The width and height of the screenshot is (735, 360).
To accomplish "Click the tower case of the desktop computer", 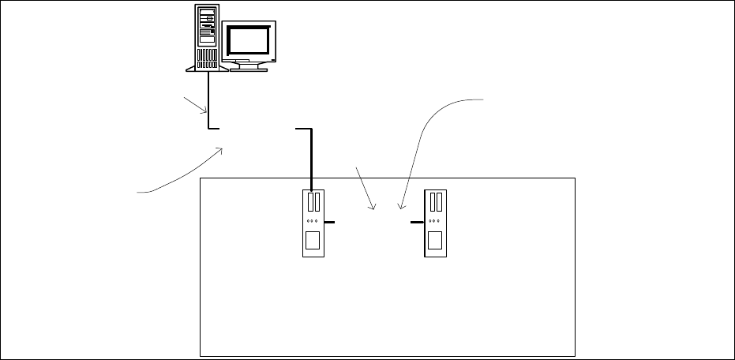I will [207, 36].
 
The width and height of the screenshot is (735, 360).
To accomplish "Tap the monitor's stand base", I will [248, 66].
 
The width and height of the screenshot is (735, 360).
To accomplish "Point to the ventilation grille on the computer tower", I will [207, 58].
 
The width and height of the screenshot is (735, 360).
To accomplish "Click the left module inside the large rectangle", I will [313, 223].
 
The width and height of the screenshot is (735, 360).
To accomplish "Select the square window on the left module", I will [313, 240].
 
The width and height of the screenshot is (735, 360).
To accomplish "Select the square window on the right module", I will [434, 240].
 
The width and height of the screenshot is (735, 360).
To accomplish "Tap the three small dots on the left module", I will [313, 221].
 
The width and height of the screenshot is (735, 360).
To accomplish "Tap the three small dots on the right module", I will [434, 221].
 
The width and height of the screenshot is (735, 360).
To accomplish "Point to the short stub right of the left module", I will [329, 223].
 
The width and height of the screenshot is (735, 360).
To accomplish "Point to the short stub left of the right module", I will [418, 223].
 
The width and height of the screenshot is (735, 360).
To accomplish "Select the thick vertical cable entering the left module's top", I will [312, 158].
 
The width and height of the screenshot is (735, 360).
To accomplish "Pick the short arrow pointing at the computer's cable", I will [193, 105].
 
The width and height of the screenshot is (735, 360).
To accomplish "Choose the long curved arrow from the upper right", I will [430, 134].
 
